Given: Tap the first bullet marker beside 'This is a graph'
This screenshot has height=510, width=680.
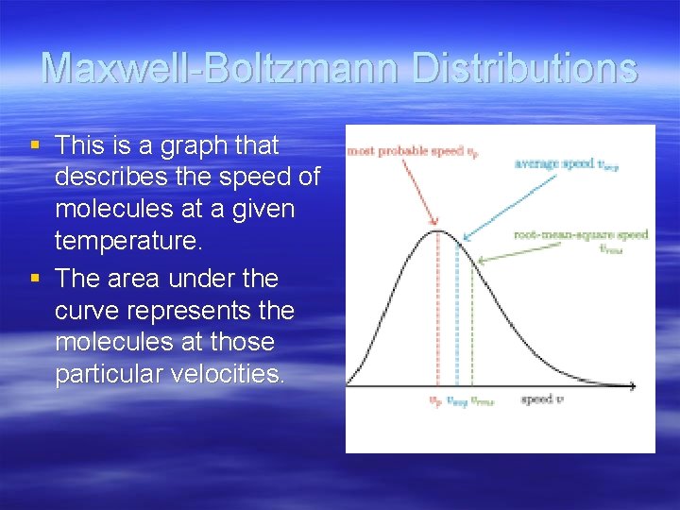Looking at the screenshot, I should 35,145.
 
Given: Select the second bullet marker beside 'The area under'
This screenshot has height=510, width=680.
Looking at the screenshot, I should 35,279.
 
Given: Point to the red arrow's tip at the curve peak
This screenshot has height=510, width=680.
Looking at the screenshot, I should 436,228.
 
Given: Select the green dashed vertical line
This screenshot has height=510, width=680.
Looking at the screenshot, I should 472,321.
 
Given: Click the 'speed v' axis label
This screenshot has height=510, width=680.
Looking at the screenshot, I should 542,399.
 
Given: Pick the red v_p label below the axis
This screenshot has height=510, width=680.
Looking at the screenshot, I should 435,400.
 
